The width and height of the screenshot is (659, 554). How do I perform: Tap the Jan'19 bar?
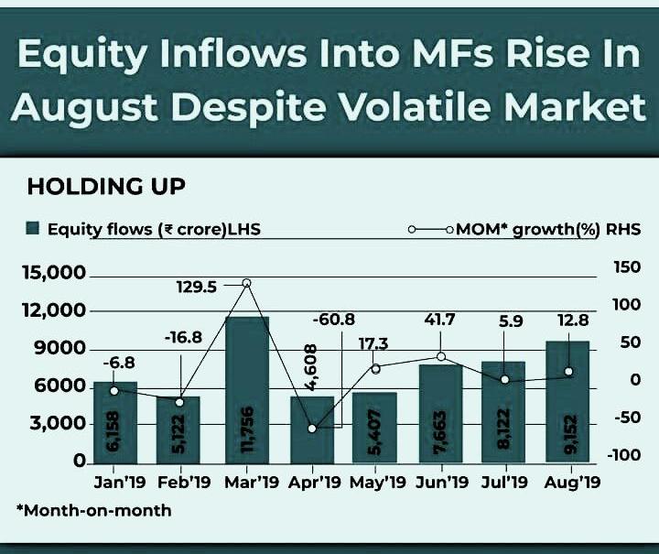115,421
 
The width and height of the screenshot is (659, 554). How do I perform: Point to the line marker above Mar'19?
245,283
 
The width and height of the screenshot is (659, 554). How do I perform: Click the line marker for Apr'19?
312,428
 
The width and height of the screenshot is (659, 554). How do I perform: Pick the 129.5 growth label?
197,287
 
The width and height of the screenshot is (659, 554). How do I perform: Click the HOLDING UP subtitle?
106,188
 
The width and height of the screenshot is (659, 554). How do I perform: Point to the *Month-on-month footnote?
93,510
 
